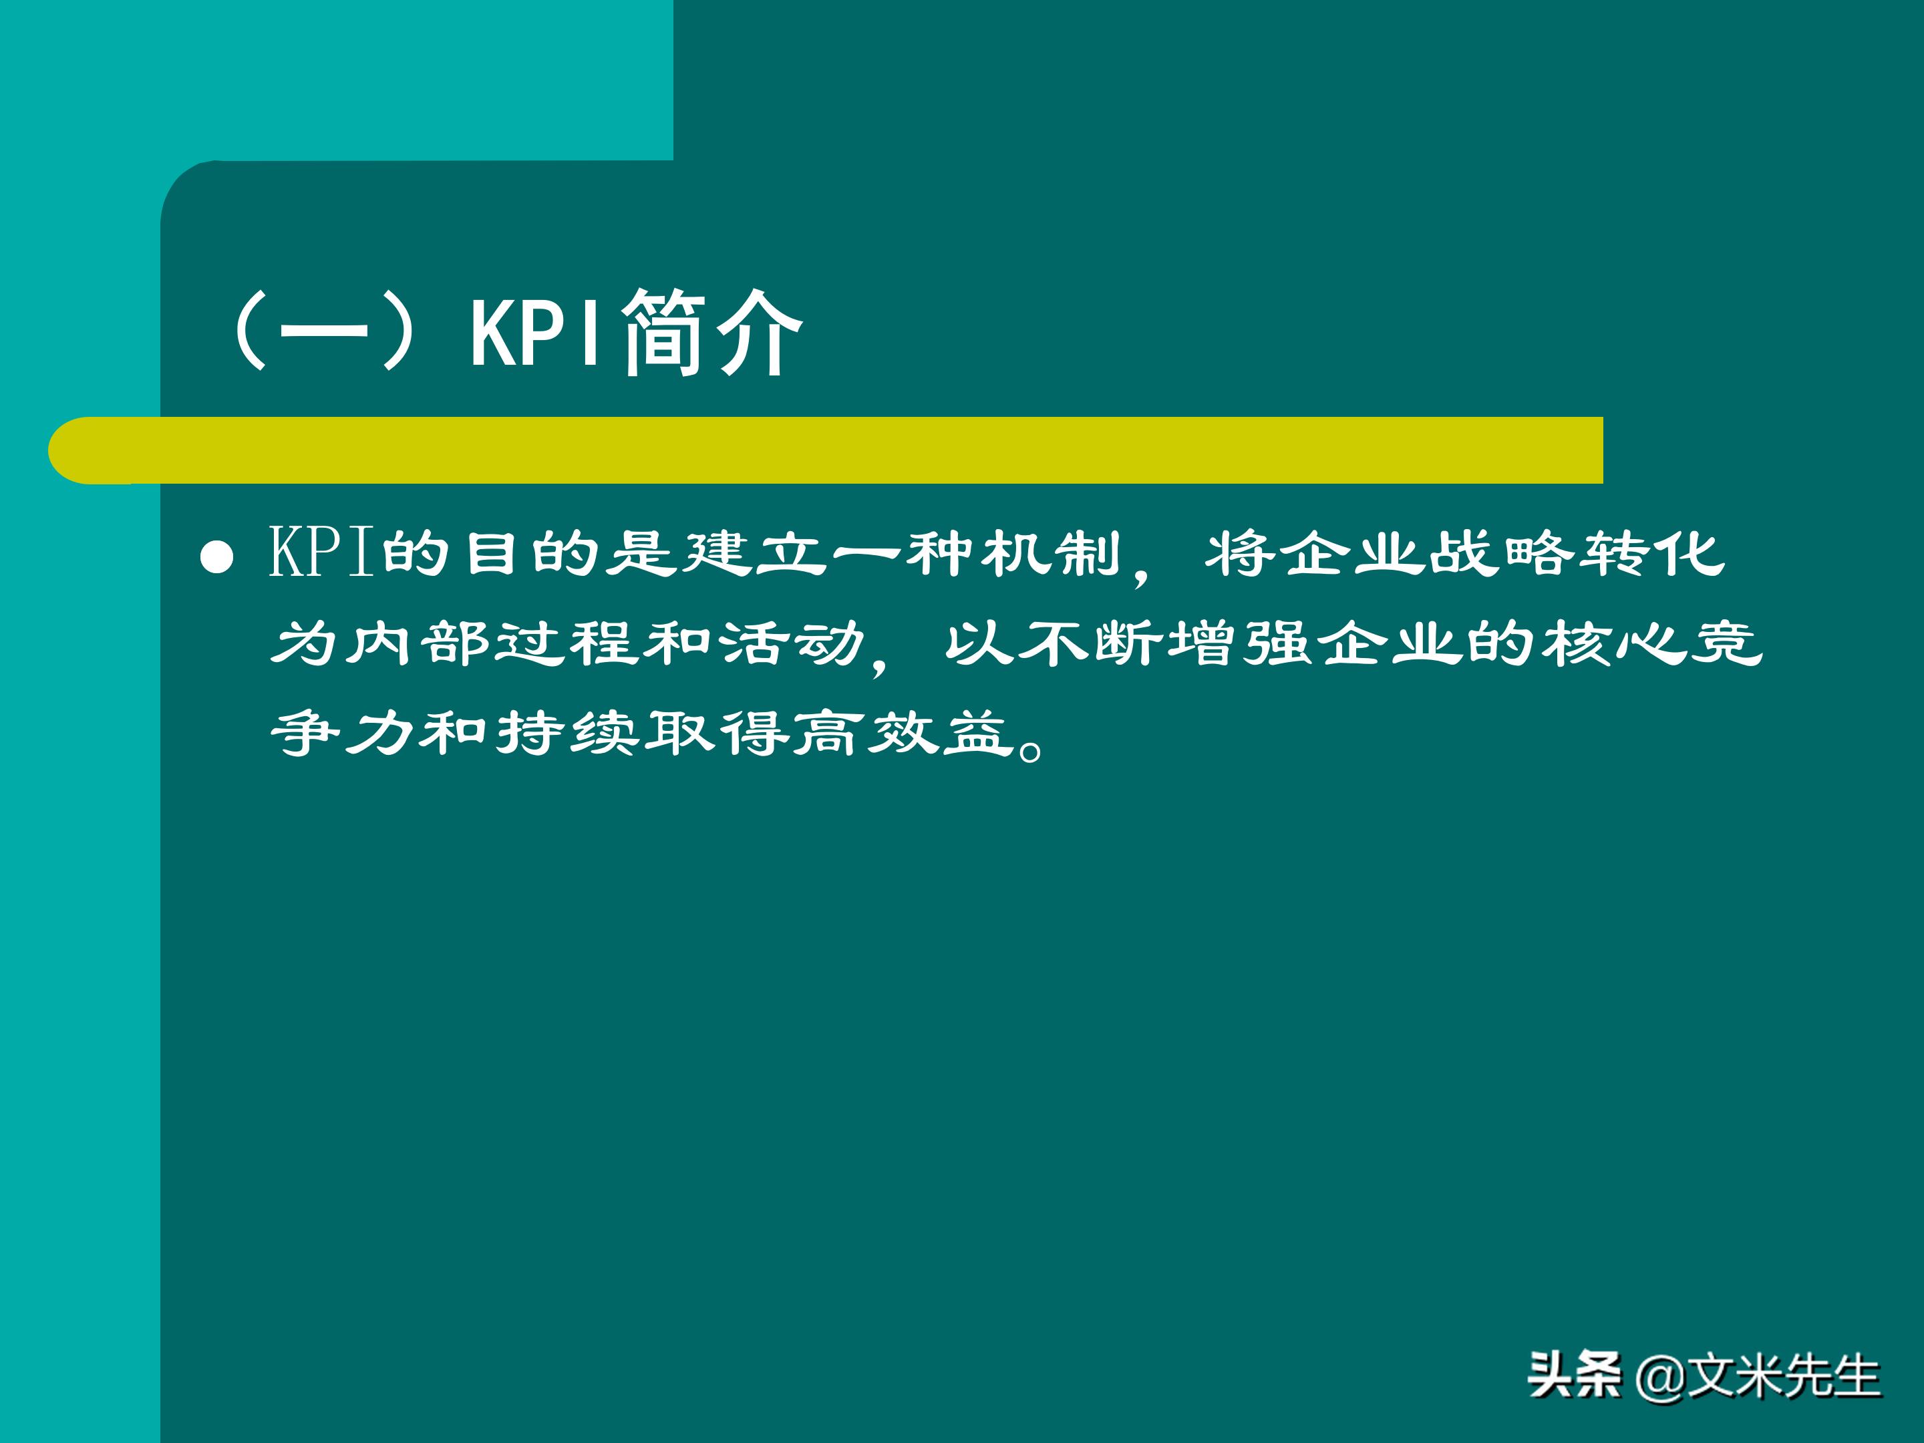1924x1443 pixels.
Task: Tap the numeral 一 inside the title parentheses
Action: [323, 332]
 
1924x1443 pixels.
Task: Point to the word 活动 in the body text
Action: [792, 643]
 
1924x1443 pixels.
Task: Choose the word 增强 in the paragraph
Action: [1241, 643]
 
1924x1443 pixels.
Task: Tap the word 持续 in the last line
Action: [569, 734]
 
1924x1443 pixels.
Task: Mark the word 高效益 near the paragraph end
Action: [905, 734]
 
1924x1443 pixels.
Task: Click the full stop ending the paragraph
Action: [1031, 747]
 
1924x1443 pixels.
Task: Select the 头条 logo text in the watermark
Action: [1575, 1375]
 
